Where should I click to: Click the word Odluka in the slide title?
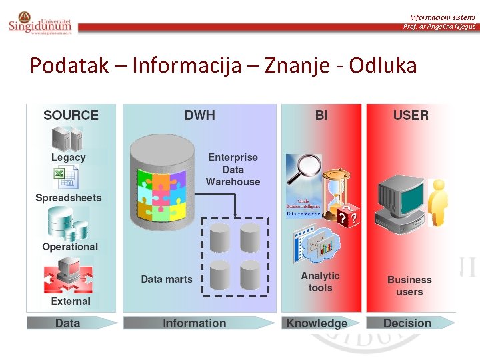[x=383, y=65]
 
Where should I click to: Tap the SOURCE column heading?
[x=71, y=115]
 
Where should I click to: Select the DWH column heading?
[x=199, y=115]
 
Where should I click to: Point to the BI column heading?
[x=321, y=115]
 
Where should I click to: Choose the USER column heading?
[x=411, y=115]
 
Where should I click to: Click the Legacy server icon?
[x=68, y=138]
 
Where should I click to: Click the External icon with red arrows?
[x=68, y=277]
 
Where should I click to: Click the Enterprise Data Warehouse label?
[x=233, y=169]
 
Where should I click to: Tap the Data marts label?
[x=166, y=279]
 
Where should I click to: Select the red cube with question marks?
[x=346, y=217]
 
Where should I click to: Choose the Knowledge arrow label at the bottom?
[x=317, y=323]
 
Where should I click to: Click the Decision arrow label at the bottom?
[x=407, y=323]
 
